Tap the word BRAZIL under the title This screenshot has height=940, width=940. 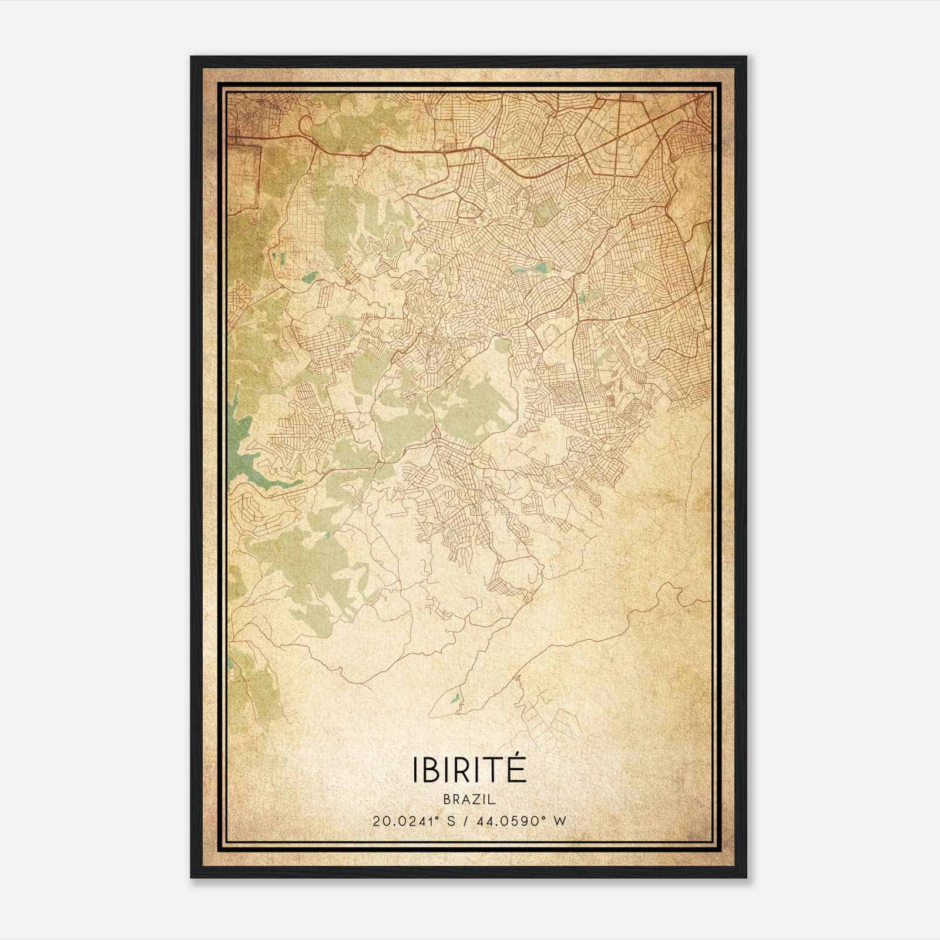469,800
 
